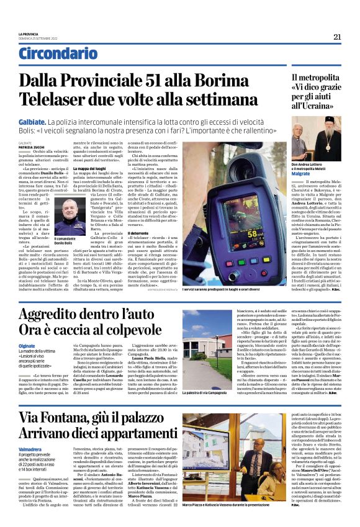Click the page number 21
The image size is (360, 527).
(337, 37)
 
